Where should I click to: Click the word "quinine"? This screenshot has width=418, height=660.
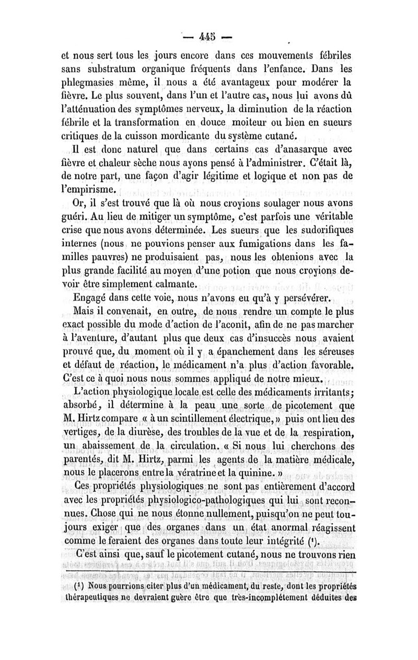(x=267, y=474)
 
